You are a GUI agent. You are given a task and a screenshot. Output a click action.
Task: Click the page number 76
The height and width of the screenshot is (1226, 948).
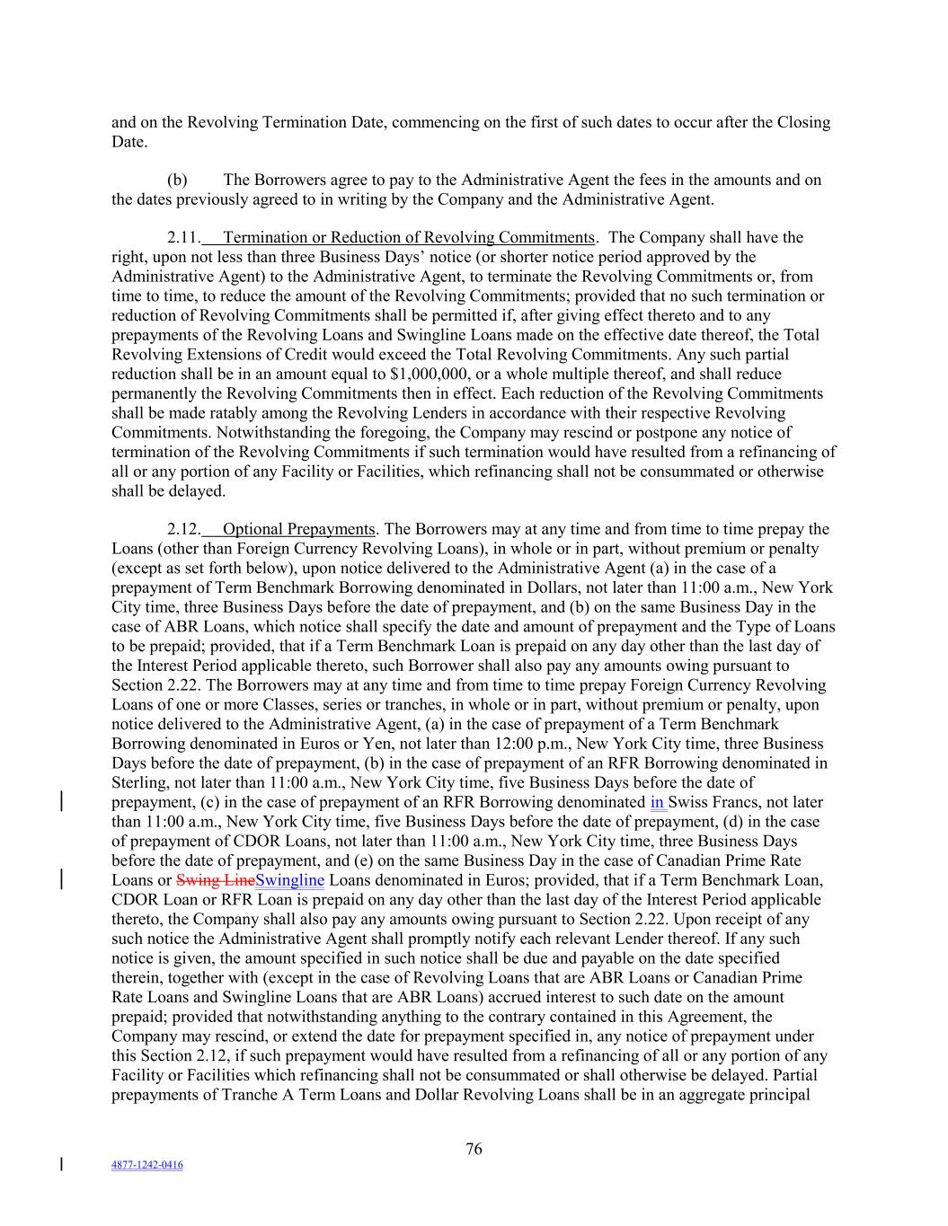click(474, 1149)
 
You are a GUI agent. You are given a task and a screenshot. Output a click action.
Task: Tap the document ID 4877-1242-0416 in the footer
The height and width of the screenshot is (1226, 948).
click(146, 1165)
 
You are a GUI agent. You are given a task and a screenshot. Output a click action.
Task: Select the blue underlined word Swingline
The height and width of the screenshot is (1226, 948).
click(289, 880)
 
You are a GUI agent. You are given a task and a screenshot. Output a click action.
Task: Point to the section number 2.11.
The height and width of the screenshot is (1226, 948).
click(183, 237)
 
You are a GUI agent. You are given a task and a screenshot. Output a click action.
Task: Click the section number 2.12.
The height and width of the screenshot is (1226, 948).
click(183, 529)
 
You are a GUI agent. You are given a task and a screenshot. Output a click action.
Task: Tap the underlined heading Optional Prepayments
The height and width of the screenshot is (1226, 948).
click(298, 529)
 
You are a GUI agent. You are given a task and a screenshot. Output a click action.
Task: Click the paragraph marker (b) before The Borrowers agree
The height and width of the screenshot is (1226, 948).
click(177, 180)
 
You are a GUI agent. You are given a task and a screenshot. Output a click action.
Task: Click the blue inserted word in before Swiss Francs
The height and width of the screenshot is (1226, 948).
click(656, 802)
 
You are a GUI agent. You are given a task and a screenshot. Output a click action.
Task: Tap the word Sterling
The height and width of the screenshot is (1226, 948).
click(138, 782)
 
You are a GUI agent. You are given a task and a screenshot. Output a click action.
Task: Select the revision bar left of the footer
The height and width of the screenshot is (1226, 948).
click(61, 1165)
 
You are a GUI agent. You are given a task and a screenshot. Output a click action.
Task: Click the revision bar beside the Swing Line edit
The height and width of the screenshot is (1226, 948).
click(61, 878)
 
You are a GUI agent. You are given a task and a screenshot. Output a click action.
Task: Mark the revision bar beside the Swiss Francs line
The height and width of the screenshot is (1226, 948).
click(61, 801)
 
